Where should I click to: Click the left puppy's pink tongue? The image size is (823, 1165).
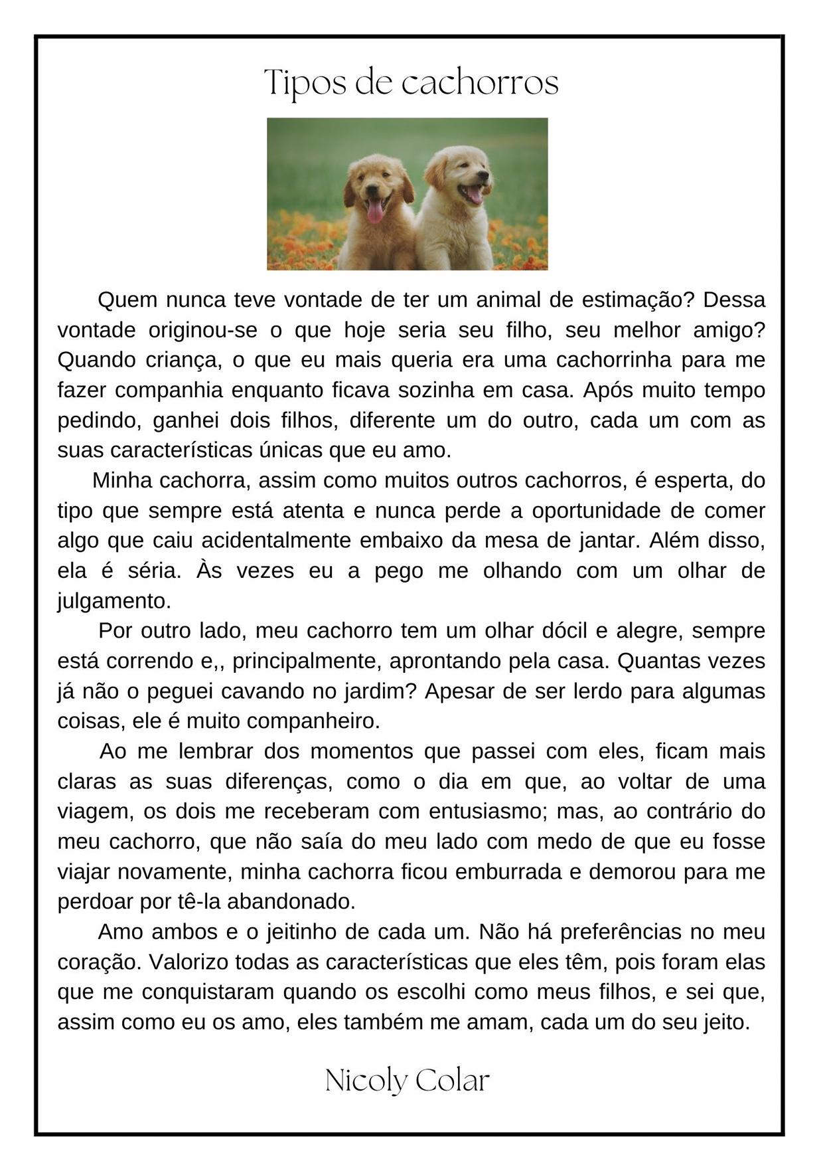375,211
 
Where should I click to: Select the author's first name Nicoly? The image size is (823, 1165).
366,1081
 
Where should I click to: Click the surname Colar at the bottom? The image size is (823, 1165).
452,1081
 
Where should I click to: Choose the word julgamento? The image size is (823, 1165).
113,601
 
